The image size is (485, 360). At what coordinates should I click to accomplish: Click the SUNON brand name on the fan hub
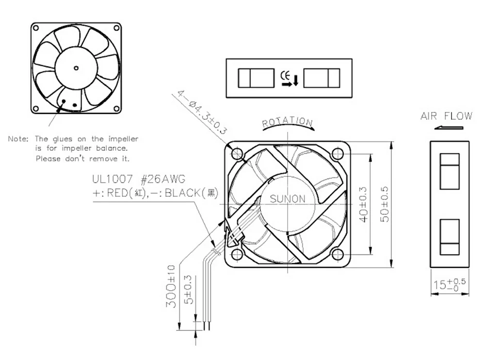point(288,198)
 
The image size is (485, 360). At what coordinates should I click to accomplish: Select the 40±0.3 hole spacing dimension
point(365,204)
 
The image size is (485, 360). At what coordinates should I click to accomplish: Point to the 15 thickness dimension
point(449,284)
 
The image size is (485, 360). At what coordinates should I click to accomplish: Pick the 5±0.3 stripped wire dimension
point(190,289)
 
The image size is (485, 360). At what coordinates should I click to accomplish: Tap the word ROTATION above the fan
point(287,122)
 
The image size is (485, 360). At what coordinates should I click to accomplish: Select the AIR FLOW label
point(446,116)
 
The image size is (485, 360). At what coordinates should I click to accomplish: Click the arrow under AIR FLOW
point(449,128)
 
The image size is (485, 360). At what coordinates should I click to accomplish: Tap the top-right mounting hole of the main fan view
point(338,154)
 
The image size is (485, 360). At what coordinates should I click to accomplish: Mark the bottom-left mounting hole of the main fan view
point(237,254)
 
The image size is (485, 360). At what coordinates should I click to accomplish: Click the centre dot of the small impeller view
point(76,67)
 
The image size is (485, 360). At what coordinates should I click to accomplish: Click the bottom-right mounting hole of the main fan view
point(338,254)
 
